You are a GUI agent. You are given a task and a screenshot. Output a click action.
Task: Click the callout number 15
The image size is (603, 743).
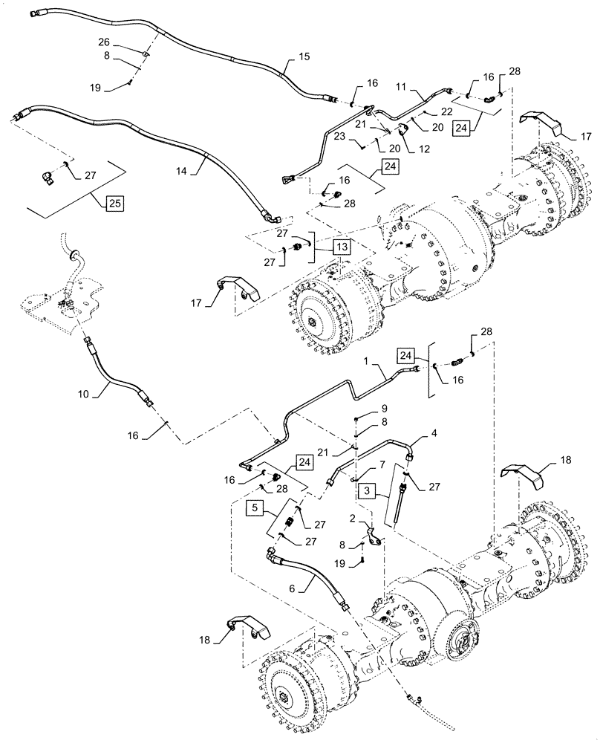(304, 56)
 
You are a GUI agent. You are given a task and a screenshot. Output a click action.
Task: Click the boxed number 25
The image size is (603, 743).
(113, 202)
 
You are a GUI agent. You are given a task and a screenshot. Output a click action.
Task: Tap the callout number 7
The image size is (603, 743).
(382, 464)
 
